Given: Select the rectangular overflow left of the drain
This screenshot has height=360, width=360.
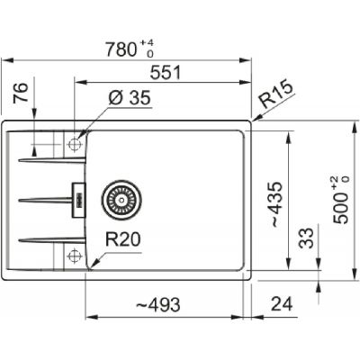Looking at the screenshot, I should tap(78, 196).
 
